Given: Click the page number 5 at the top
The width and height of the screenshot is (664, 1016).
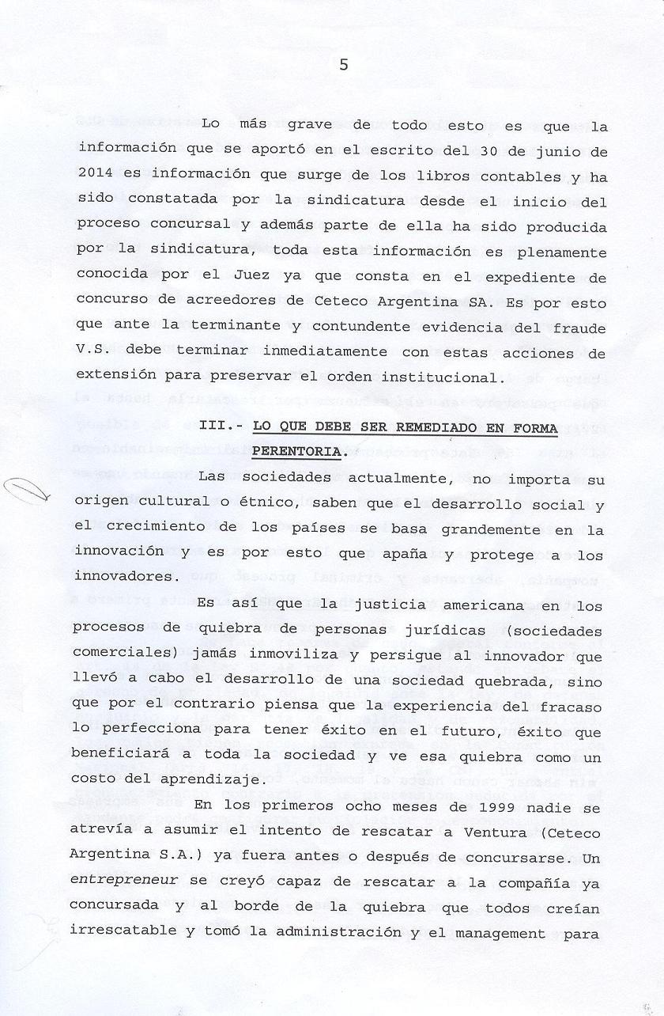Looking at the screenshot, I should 343,66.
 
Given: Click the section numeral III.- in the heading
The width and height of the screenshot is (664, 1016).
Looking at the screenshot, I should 217,428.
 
